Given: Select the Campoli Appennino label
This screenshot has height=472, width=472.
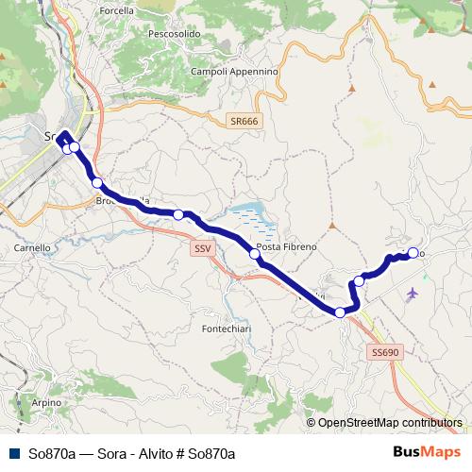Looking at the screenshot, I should click(x=234, y=71).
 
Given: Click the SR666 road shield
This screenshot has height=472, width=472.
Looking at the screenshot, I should click(x=243, y=122).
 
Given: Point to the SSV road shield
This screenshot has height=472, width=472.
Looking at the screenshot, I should click(x=202, y=248).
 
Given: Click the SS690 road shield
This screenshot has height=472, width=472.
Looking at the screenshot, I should click(x=385, y=351).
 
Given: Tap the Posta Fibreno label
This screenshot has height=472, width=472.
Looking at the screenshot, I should click(x=287, y=246).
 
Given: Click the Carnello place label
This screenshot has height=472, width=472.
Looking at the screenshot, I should click(x=32, y=247).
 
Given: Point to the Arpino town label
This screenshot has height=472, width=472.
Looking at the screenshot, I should click(x=45, y=402).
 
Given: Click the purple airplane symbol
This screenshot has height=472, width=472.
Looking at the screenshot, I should click(x=412, y=294).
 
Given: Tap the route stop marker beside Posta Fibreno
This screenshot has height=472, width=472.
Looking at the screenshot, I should click(x=254, y=253).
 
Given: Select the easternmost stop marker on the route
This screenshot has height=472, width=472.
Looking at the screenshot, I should click(x=413, y=253).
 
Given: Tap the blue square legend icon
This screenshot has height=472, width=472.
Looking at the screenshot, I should click(x=13, y=454).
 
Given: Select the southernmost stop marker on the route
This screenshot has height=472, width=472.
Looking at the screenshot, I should click(x=340, y=312).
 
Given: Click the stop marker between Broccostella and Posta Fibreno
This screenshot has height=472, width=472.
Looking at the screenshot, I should click(x=178, y=215).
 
